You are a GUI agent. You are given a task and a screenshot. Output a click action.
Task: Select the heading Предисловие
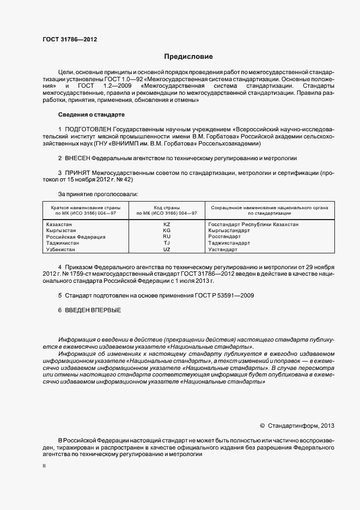(x=188, y=57)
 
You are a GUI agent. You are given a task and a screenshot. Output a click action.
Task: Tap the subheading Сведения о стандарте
(x=91, y=115)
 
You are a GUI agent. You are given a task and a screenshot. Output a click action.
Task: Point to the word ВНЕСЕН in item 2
(x=77, y=157)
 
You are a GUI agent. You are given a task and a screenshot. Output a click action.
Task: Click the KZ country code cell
(x=167, y=224)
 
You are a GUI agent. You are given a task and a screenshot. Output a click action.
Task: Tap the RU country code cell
(x=167, y=237)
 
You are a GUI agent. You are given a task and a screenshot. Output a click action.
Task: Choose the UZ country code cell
(x=167, y=249)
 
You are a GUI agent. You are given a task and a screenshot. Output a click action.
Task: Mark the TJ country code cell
(x=167, y=243)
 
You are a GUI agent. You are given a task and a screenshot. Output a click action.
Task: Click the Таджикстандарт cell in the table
(x=229, y=243)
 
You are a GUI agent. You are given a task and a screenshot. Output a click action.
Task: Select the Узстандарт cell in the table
(x=223, y=249)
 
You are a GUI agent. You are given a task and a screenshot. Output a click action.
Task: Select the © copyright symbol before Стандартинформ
(x=262, y=425)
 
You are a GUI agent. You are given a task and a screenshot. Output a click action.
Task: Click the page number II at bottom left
(x=45, y=466)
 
